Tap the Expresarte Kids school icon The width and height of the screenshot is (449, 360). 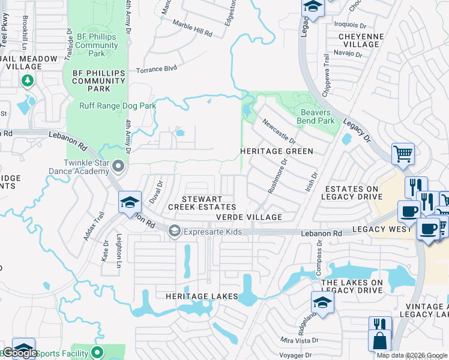point(175,231)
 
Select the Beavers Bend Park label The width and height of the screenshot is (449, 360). point(317,116)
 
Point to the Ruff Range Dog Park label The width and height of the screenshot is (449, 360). point(118,106)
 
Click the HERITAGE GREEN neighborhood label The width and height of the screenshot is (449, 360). point(277,151)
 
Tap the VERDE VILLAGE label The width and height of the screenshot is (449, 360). point(249,217)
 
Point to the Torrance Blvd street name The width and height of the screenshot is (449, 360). point(157,69)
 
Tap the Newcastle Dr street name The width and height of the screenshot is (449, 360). point(279,130)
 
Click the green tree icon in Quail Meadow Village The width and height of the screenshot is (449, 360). point(27,80)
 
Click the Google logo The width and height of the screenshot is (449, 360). point(20,353)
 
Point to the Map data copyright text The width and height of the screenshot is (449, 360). point(411,355)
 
